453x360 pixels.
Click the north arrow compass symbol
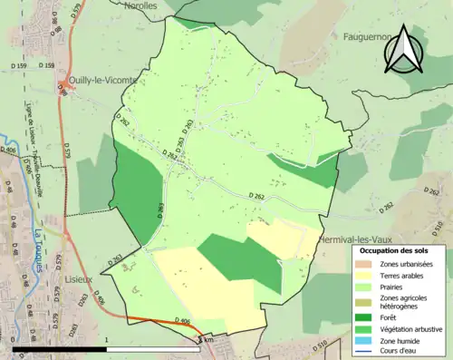(x=403, y=49)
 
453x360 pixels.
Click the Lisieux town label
(x=77, y=271)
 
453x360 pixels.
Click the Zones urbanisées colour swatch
(x=365, y=263)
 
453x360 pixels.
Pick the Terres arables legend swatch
(x=365, y=275)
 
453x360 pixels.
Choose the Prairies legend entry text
(x=395, y=287)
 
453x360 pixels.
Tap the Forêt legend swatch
(x=365, y=316)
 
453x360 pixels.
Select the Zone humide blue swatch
(x=365, y=340)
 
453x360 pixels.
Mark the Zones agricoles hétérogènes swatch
(x=365, y=302)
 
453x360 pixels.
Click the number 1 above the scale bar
(x=107, y=340)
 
